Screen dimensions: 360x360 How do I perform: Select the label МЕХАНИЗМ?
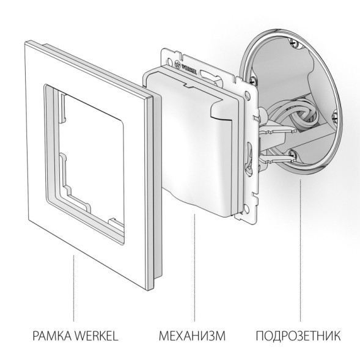192,336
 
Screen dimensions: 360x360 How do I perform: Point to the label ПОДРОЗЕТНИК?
299,336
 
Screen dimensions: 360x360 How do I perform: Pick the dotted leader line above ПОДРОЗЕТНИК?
300,263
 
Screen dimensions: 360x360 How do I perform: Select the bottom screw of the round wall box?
293,153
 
